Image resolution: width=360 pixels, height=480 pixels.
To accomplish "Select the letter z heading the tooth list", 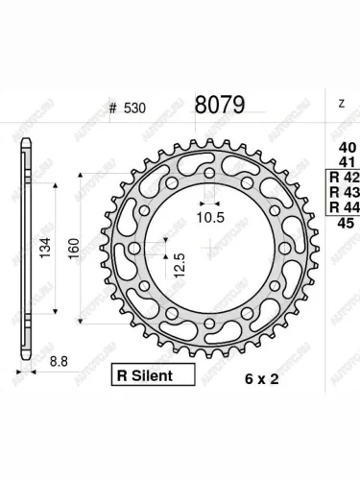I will click(340, 103).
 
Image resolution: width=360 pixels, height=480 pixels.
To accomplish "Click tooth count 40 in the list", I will click(341, 146).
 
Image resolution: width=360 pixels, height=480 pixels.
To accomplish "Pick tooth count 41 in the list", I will click(341, 161).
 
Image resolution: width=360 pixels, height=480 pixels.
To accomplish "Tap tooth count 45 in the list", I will click(341, 224).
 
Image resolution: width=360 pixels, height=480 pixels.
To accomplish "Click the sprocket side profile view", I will click(26, 244).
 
